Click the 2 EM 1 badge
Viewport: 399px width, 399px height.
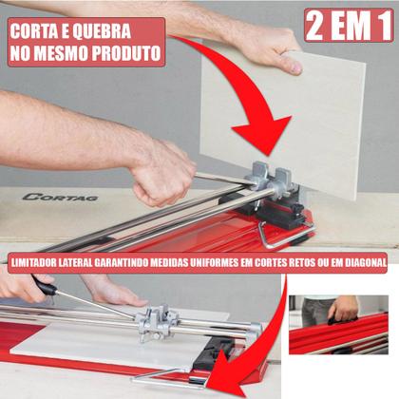click(349, 26)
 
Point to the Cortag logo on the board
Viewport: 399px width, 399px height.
click(60, 198)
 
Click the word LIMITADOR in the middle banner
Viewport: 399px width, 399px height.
click(34, 262)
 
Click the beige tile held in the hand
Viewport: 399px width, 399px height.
click(285, 123)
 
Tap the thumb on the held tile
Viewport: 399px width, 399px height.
click(293, 66)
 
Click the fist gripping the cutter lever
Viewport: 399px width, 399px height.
click(163, 174)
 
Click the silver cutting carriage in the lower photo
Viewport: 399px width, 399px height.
click(157, 321)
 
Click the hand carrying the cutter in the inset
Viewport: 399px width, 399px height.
click(344, 309)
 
